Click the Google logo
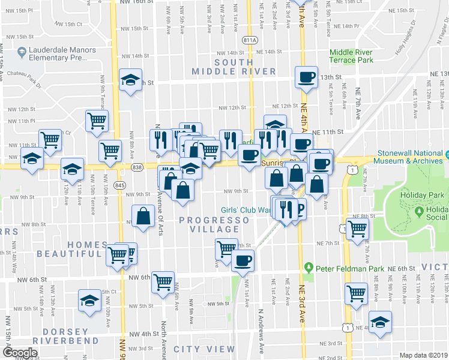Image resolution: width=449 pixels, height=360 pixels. (20, 353)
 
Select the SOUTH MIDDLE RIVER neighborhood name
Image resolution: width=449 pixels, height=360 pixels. (234, 67)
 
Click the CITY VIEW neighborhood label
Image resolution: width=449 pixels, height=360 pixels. (204, 349)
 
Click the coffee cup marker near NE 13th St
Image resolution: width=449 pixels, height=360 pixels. (306, 77)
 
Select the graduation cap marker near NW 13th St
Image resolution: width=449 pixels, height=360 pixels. (129, 80)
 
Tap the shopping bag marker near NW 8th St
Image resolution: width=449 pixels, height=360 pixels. (144, 216)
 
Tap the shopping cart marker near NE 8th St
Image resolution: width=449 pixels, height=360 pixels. (358, 228)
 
